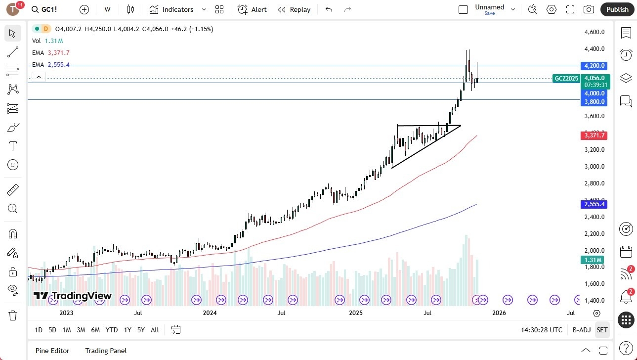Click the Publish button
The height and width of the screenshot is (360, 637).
pyautogui.click(x=617, y=9)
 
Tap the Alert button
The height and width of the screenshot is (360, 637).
pyautogui.click(x=252, y=9)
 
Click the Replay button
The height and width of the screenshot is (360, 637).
pyautogui.click(x=294, y=9)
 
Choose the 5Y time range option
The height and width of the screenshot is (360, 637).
pyautogui.click(x=141, y=330)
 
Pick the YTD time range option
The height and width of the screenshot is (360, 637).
pyautogui.click(x=112, y=330)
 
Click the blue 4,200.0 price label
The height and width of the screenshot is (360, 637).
pyautogui.click(x=594, y=66)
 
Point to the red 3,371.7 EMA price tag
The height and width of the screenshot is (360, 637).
pyautogui.click(x=594, y=135)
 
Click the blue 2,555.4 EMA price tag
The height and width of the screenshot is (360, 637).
pyautogui.click(x=594, y=204)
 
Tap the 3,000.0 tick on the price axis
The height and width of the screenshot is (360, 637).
pyautogui.click(x=595, y=167)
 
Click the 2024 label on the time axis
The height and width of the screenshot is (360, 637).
pyautogui.click(x=210, y=313)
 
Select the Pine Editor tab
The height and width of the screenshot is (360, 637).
pyautogui.click(x=52, y=351)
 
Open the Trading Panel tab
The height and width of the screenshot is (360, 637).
pyautogui.click(x=106, y=351)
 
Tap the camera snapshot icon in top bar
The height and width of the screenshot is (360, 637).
pyautogui.click(x=589, y=9)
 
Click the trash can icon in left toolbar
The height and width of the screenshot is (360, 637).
pyautogui.click(x=13, y=315)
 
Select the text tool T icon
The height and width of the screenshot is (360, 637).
pyautogui.click(x=13, y=146)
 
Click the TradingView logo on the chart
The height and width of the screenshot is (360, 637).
pyautogui.click(x=73, y=296)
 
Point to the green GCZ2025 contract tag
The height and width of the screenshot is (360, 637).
pyautogui.click(x=566, y=78)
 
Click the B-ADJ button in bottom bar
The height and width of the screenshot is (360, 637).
pyautogui.click(x=582, y=330)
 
